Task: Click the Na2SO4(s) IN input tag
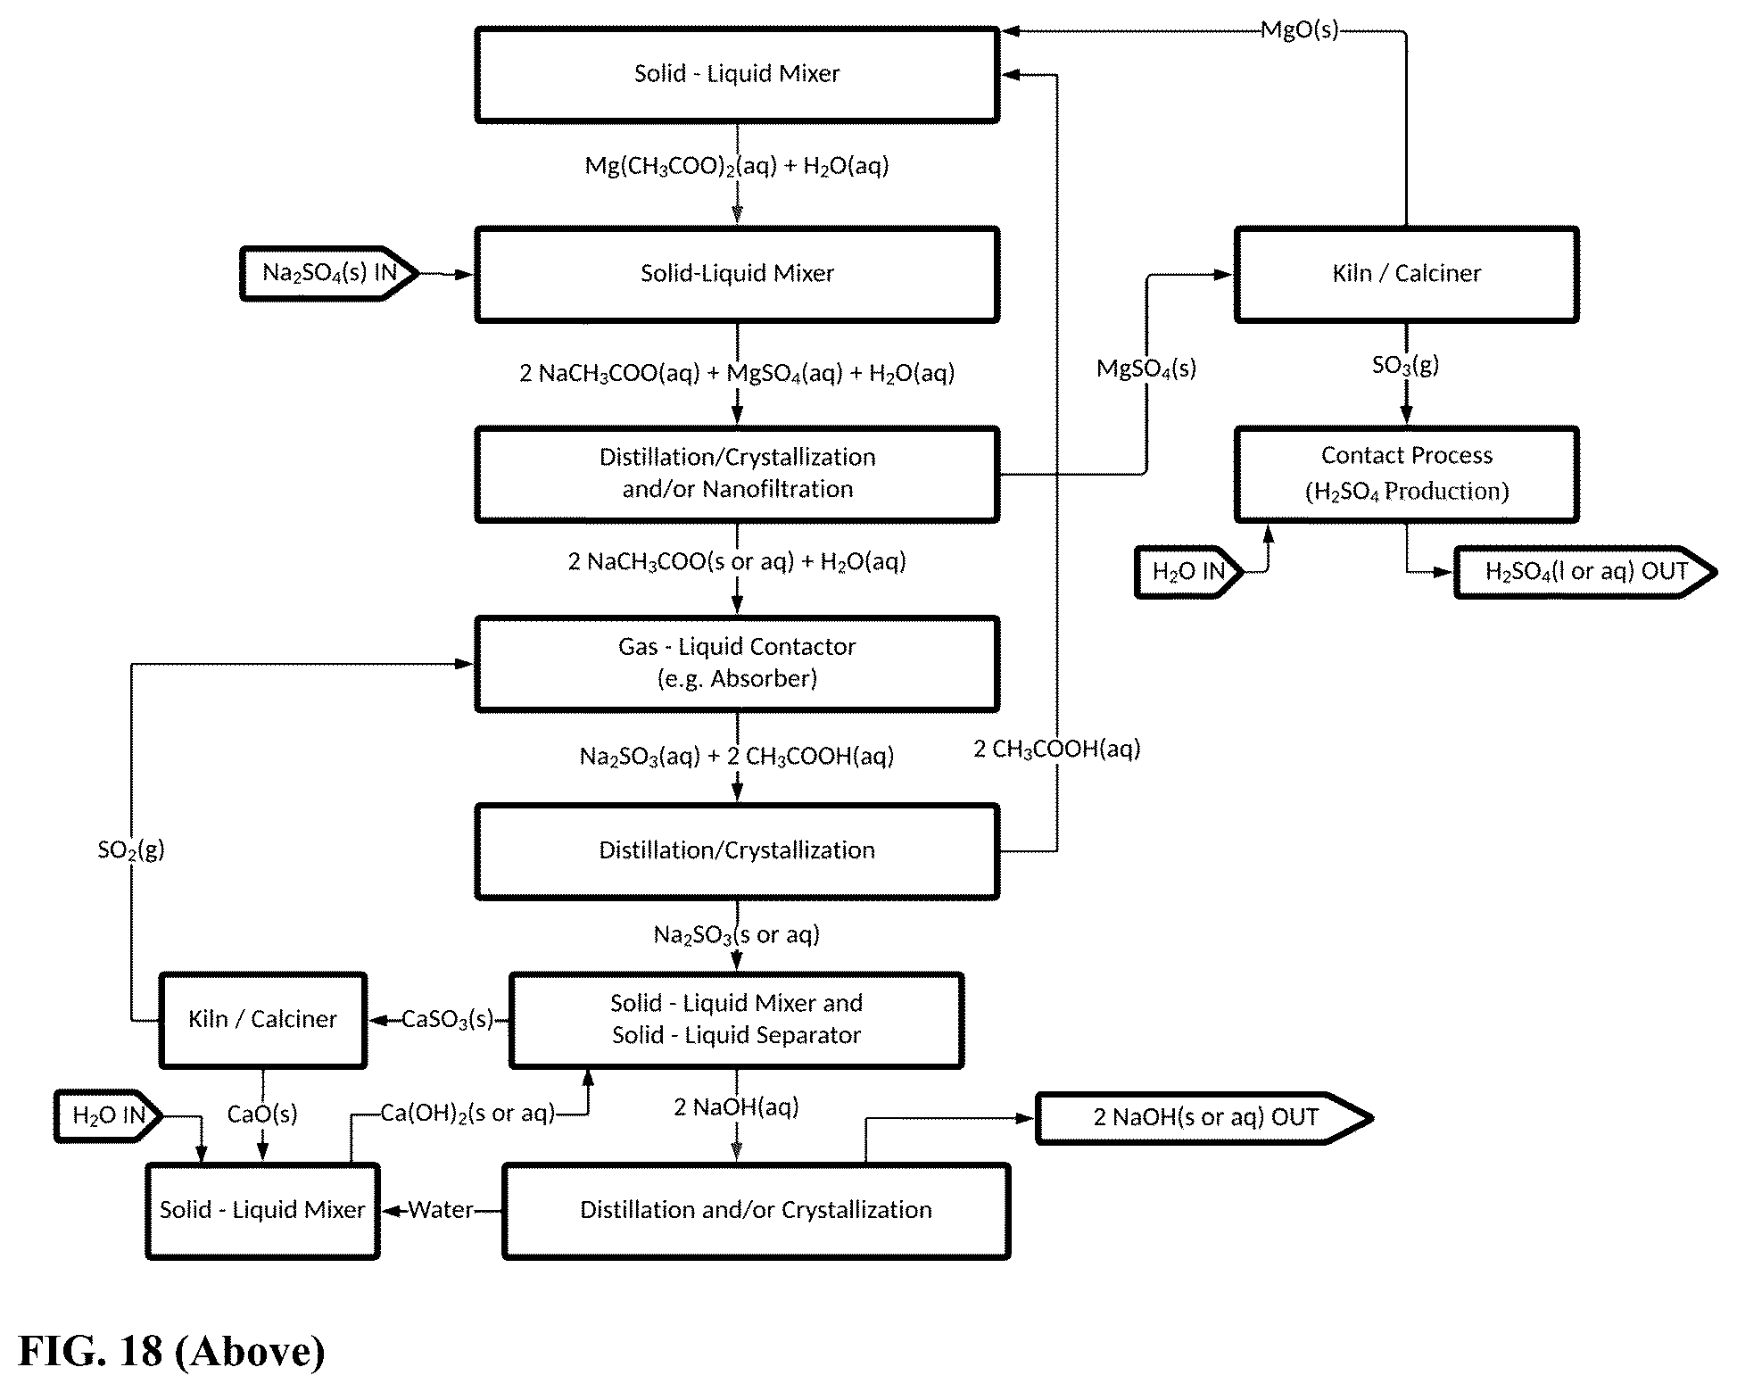click(x=329, y=273)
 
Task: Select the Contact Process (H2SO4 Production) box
click(x=1406, y=474)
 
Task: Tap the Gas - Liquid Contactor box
click(x=737, y=664)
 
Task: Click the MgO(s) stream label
click(x=1299, y=30)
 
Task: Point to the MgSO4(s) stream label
click(x=1146, y=369)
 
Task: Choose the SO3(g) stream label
click(x=1405, y=365)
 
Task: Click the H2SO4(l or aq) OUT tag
click(x=1585, y=572)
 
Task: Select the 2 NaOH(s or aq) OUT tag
click(x=1204, y=1117)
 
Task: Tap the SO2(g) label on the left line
click(x=131, y=849)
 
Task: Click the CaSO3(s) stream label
click(x=447, y=1020)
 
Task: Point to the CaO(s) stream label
click(x=262, y=1114)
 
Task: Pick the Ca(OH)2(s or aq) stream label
click(x=467, y=1114)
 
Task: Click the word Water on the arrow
click(x=441, y=1210)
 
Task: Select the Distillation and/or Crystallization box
click(x=757, y=1211)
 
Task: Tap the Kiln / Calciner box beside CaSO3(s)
click(x=262, y=1020)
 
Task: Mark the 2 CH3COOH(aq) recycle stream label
click(x=1057, y=750)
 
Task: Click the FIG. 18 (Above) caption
click(x=171, y=1351)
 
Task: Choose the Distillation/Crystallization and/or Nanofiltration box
click(x=737, y=474)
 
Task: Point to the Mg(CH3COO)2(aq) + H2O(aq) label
click(x=737, y=166)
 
